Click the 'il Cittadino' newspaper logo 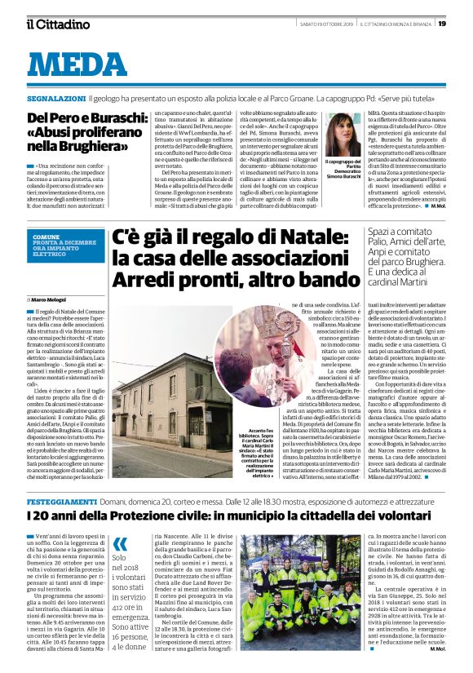pyautogui.click(x=58, y=24)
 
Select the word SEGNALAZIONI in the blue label pyautogui.click(x=55, y=95)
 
